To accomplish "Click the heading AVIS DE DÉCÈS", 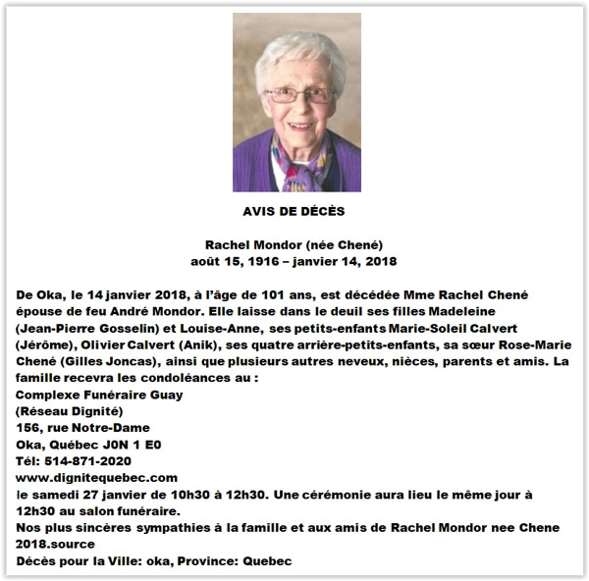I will coord(294,211).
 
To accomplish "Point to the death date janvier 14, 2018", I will coord(350,261).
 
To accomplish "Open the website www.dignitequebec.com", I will coord(97,476).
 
